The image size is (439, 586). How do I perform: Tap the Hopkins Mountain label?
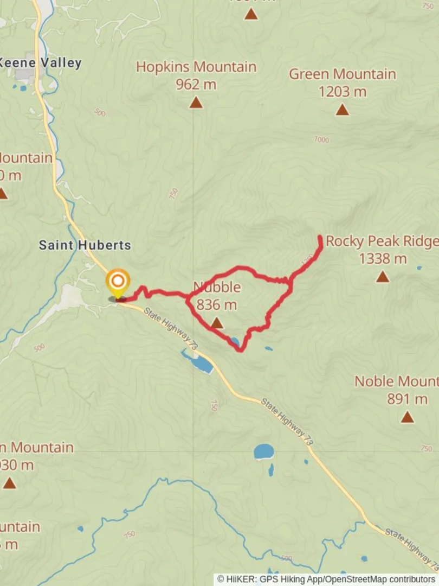pos(196,67)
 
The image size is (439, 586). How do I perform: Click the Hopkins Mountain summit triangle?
pos(196,102)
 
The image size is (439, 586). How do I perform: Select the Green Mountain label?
pos(342,74)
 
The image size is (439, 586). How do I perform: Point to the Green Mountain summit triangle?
pos(341,110)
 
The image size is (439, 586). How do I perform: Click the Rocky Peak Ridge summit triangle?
pos(383,277)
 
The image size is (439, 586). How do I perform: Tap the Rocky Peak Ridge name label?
pos(382,241)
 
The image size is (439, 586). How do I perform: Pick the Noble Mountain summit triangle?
pos(407,417)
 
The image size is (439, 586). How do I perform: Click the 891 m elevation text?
pos(407,399)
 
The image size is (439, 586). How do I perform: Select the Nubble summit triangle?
pos(216,323)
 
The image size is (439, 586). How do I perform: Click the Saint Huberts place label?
pos(85,245)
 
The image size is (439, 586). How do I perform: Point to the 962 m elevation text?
pos(196,84)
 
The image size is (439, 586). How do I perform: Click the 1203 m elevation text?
pos(342,92)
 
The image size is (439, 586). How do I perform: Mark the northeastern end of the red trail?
pos(320,238)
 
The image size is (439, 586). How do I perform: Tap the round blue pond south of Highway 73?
pos(264,451)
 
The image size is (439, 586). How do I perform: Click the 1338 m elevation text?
pos(383,259)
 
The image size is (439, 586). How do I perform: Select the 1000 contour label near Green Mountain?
pos(321,140)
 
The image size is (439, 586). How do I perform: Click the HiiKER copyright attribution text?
pos(326,579)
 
